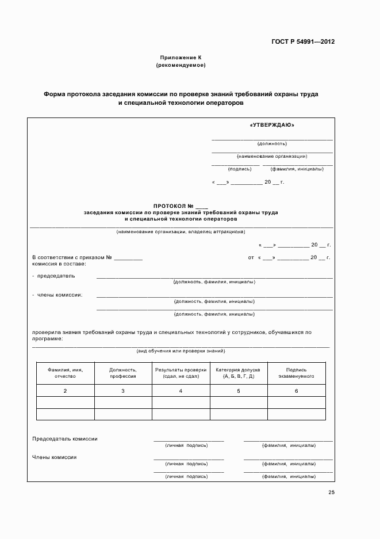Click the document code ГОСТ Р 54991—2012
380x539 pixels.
point(304,42)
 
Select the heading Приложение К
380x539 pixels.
point(181,58)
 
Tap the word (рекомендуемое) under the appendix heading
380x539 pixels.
point(181,65)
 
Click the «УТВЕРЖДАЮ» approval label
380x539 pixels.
point(272,124)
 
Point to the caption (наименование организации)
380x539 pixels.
point(272,156)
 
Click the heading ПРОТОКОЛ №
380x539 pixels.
point(181,206)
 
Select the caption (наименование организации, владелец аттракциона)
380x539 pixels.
point(181,232)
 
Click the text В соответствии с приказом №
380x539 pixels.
point(72,257)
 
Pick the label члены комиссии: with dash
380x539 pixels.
point(57,295)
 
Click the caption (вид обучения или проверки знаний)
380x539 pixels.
point(181,351)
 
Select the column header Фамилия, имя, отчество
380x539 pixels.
point(65,373)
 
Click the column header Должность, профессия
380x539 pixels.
point(123,373)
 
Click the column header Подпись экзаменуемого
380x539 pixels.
point(296,373)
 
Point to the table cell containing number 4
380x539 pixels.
point(181,391)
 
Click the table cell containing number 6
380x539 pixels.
point(296,391)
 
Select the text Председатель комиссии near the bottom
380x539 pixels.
point(65,439)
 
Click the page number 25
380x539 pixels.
point(331,492)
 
